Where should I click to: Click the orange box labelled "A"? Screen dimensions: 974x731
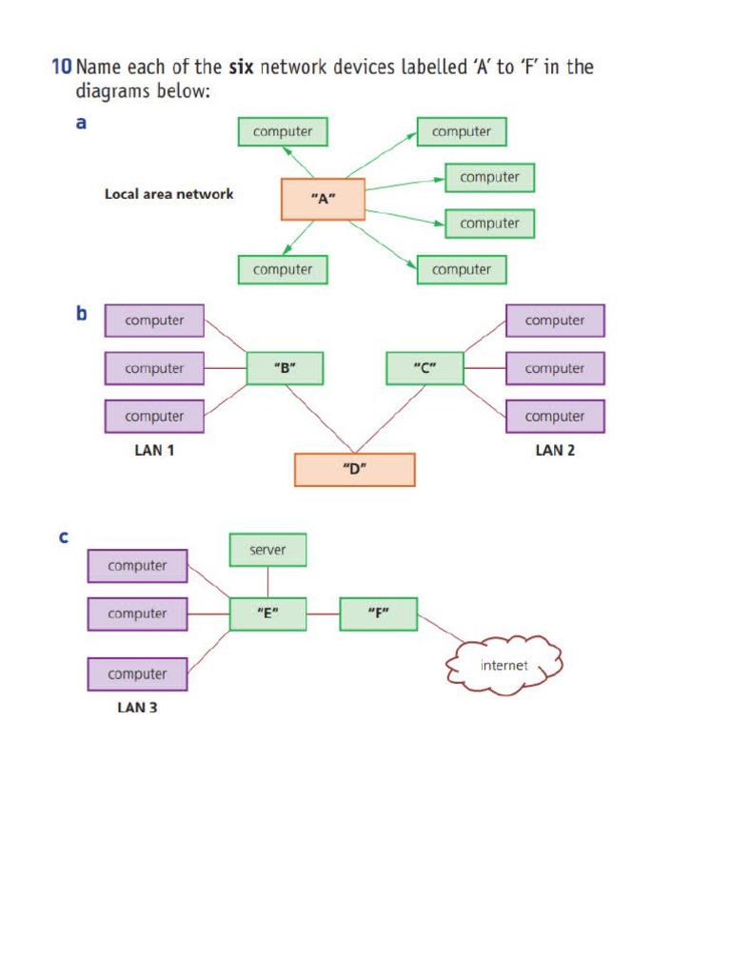[x=323, y=200]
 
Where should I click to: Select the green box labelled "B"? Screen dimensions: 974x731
[x=285, y=368]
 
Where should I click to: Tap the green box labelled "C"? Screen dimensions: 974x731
[x=425, y=368]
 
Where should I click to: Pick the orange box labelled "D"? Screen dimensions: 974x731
[x=354, y=470]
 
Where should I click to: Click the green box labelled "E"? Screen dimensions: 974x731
[x=267, y=614]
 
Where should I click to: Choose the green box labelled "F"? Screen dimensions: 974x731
[x=378, y=614]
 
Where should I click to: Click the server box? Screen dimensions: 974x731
[x=268, y=550]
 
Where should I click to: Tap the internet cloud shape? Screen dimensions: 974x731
[x=504, y=665]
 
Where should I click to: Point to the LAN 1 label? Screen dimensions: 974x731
[x=154, y=451]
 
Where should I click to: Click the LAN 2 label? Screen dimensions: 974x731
[x=555, y=451]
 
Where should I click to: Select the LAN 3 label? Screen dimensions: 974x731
[x=137, y=707]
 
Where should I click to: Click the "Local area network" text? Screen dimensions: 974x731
[x=168, y=194]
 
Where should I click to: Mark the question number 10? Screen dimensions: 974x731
[x=61, y=68]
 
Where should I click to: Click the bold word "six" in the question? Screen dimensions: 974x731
[x=241, y=68]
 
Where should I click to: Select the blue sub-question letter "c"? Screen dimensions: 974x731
[x=64, y=537]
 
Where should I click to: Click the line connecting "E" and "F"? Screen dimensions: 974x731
[x=323, y=614]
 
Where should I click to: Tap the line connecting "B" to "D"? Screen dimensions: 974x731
[x=319, y=419]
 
